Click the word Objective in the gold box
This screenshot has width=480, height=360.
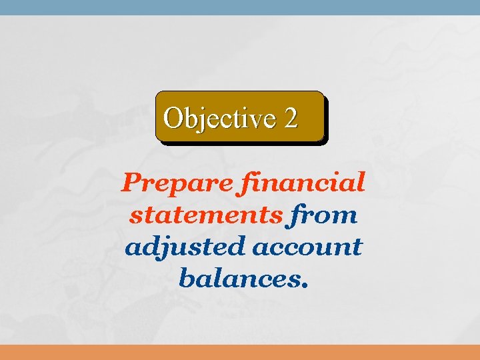(219, 118)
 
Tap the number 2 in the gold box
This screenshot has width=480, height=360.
(291, 118)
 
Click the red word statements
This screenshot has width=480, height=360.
(205, 215)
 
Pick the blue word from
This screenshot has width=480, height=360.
(323, 215)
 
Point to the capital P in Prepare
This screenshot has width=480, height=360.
(130, 182)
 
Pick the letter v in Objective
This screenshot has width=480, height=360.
(253, 120)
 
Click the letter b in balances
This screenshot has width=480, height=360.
(185, 276)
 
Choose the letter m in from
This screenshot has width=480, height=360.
(345, 217)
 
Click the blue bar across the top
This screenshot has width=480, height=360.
(240, 7)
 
